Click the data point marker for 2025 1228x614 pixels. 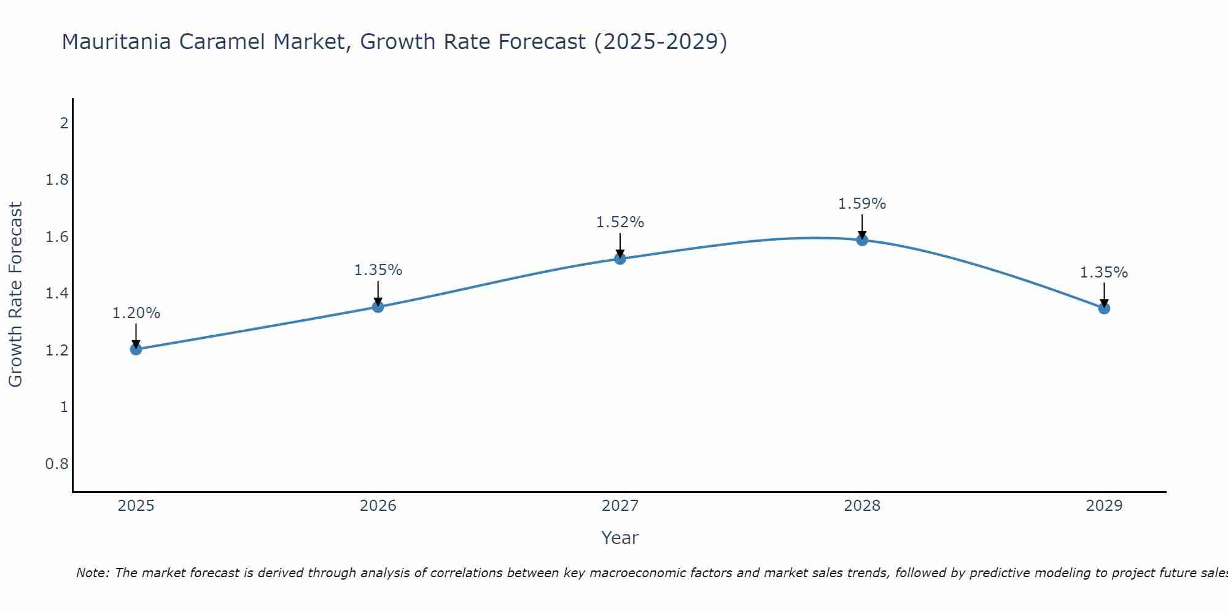point(136,349)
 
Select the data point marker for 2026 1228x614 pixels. point(378,306)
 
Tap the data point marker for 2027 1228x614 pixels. point(620,258)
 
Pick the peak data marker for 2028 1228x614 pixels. point(862,239)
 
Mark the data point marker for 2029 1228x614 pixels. point(1104,308)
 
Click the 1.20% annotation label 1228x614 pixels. point(136,313)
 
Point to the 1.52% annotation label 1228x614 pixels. point(620,222)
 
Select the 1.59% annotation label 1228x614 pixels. point(862,204)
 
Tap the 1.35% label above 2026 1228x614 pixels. point(378,270)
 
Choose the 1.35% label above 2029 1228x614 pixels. point(1104,273)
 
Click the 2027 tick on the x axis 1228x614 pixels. point(620,506)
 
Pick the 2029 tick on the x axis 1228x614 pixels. point(1104,506)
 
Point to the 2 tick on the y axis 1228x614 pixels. point(64,123)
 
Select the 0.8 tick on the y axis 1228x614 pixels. point(56,464)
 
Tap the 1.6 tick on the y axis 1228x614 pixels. point(56,237)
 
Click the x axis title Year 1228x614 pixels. point(620,538)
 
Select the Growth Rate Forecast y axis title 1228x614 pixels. point(15,295)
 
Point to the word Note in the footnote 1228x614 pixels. point(92,573)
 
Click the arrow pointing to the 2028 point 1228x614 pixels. point(862,227)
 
